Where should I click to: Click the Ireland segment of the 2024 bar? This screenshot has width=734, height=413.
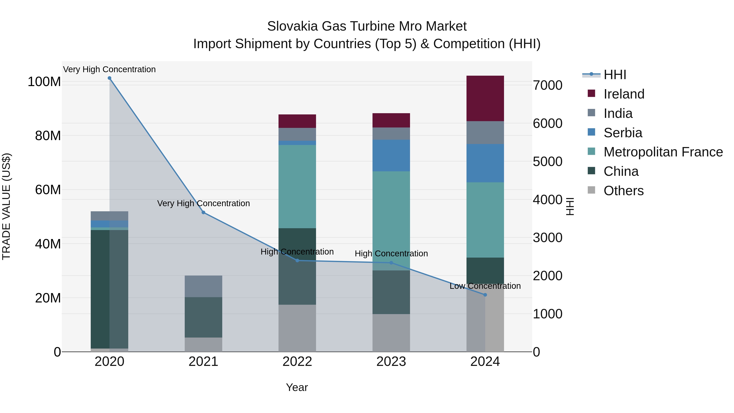(485, 98)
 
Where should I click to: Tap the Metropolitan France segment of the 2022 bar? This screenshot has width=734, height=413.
(297, 186)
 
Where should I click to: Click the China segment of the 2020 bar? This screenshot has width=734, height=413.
(100, 289)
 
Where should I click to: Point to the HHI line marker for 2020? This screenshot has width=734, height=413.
(109, 78)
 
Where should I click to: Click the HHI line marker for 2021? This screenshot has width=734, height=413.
(203, 212)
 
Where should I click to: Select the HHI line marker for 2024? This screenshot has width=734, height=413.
(485, 295)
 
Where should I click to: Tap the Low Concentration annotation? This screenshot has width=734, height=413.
(485, 286)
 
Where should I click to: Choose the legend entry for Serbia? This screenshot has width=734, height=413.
(623, 133)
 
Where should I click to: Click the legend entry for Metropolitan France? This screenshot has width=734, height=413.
(663, 152)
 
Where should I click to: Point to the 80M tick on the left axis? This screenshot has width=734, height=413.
(48, 136)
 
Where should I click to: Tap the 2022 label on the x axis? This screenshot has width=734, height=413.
(297, 361)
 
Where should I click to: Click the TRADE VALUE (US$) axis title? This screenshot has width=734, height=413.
(6, 206)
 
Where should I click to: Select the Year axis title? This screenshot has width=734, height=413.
(297, 387)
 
